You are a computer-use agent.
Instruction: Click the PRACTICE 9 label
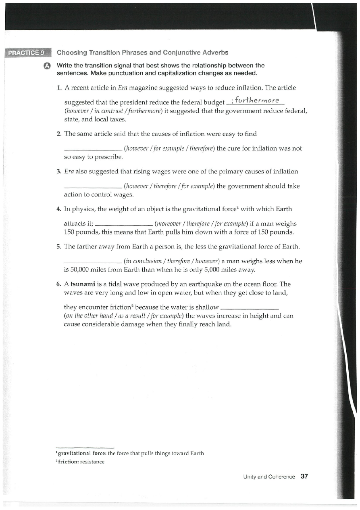(27, 53)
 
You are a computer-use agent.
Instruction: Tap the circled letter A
(47, 66)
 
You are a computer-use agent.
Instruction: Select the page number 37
(304, 477)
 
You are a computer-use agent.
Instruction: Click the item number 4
(59, 209)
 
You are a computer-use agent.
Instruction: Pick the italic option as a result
(119, 316)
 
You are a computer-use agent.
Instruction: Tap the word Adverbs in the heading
(213, 52)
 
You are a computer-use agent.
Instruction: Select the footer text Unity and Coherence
(269, 477)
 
